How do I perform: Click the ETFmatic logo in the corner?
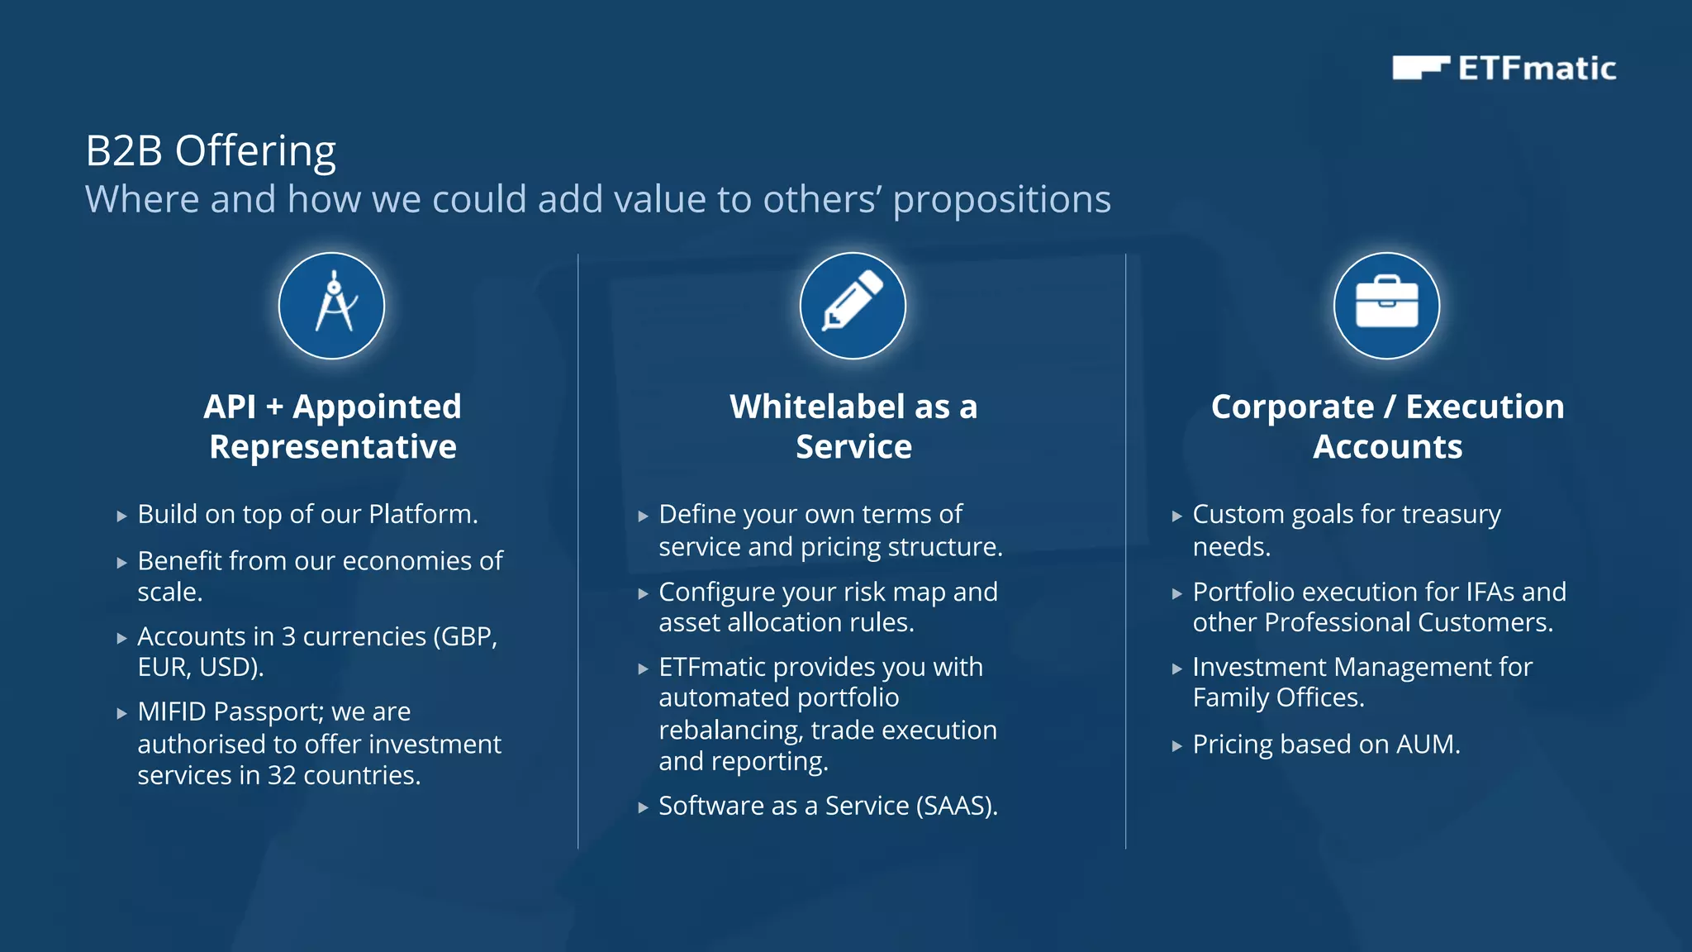(1504, 68)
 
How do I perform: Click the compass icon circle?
(331, 306)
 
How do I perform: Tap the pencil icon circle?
(853, 306)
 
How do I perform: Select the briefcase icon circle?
(1386, 306)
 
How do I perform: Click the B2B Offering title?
(211, 151)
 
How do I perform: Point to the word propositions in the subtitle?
(1001, 200)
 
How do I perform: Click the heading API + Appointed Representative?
(332, 426)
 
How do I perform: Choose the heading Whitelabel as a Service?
(853, 426)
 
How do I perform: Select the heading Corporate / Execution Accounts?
(1387, 426)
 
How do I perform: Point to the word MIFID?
(173, 712)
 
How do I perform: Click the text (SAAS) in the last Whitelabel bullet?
(957, 806)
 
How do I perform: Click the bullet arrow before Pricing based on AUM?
(1177, 746)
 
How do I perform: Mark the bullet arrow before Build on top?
(122, 516)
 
